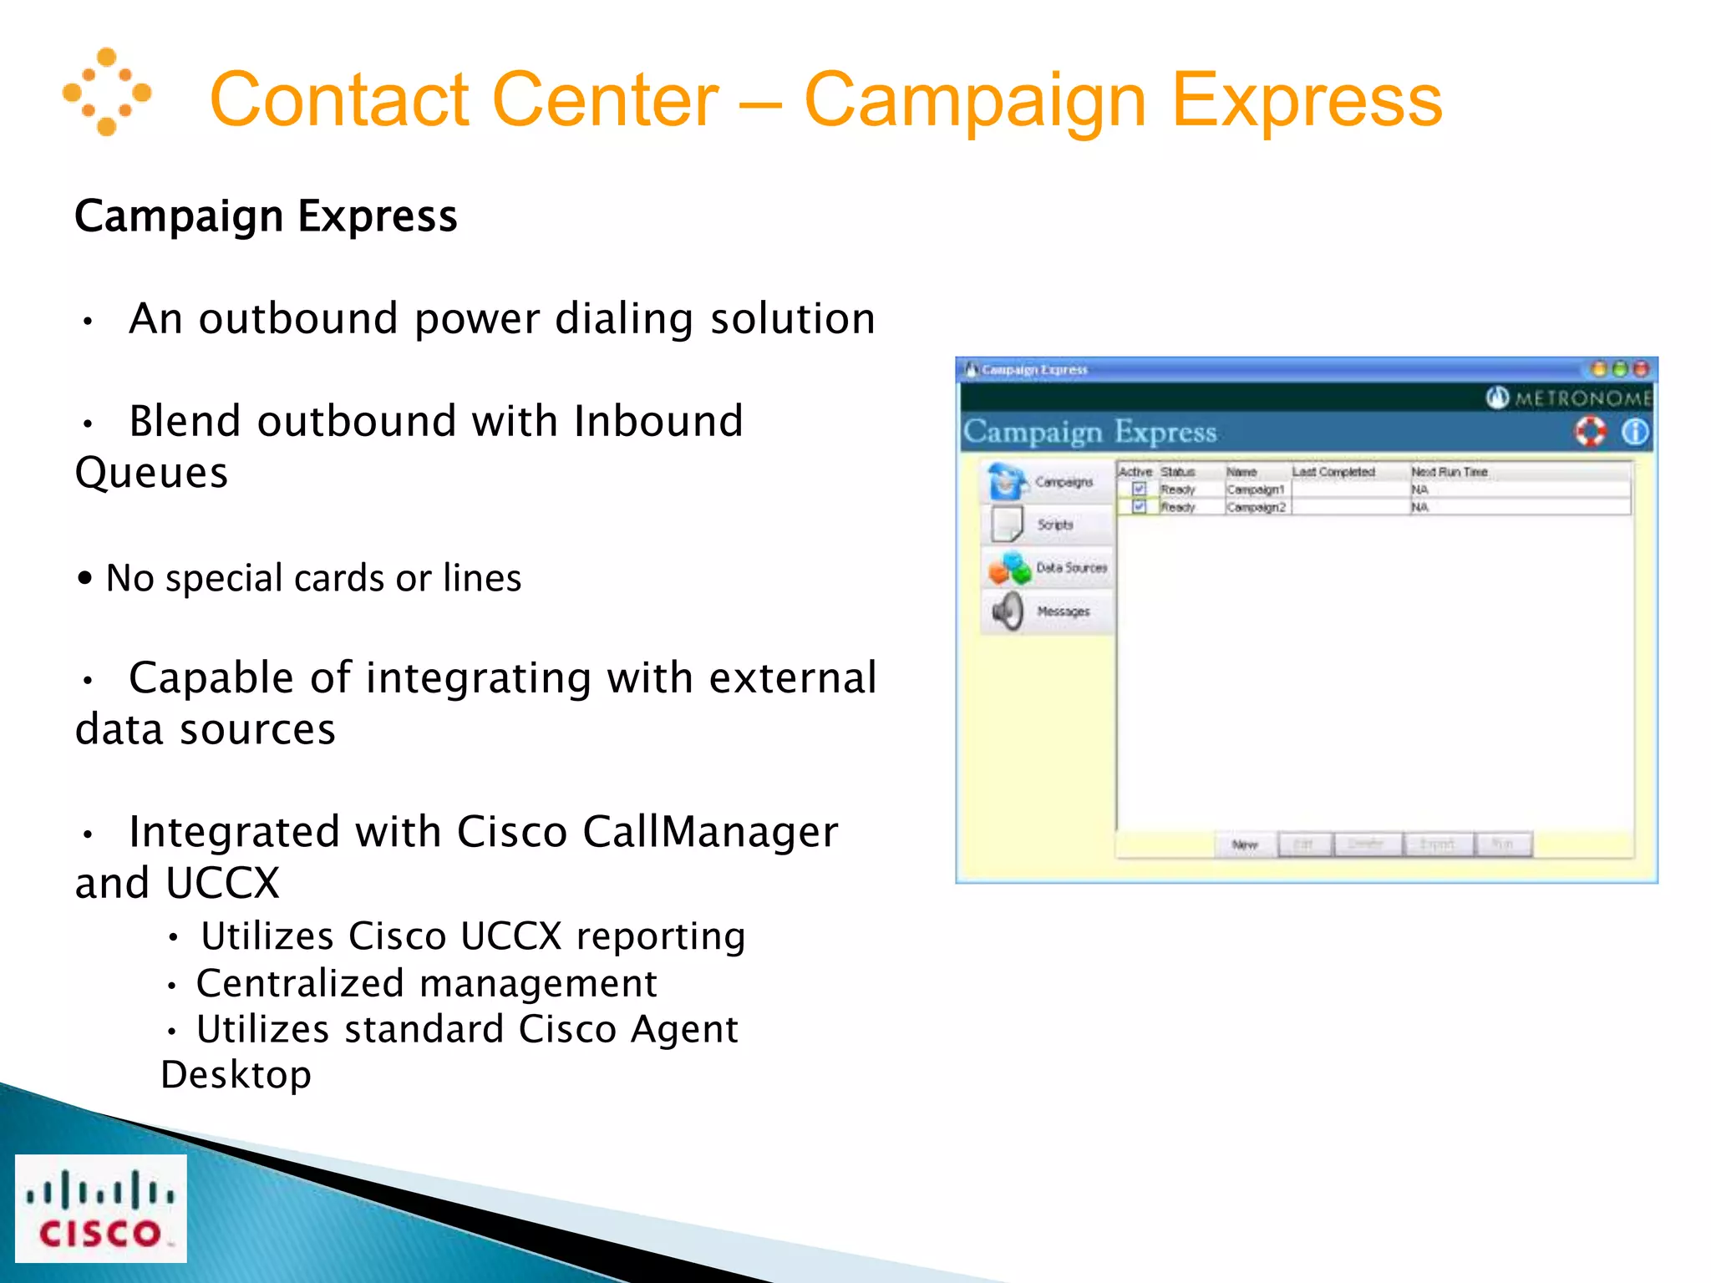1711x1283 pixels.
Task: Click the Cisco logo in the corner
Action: pyautogui.click(x=101, y=1208)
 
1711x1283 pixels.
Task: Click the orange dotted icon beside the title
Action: pyautogui.click(x=107, y=92)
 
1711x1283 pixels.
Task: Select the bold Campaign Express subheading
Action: pyautogui.click(x=266, y=216)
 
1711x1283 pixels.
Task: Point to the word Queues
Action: pyautogui.click(x=151, y=473)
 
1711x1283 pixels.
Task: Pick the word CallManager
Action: pyautogui.click(x=710, y=832)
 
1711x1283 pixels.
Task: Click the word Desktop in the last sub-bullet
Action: pyautogui.click(x=236, y=1074)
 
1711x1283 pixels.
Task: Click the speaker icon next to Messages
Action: pyautogui.click(x=1008, y=611)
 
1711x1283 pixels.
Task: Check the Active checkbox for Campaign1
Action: pyautogui.click(x=1139, y=489)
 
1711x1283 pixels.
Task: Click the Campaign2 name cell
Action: pyautogui.click(x=1256, y=507)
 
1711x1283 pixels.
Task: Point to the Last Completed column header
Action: pyautogui.click(x=1333, y=472)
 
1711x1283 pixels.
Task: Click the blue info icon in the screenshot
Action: pyautogui.click(x=1634, y=432)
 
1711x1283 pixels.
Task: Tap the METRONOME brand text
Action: pyautogui.click(x=1582, y=398)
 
